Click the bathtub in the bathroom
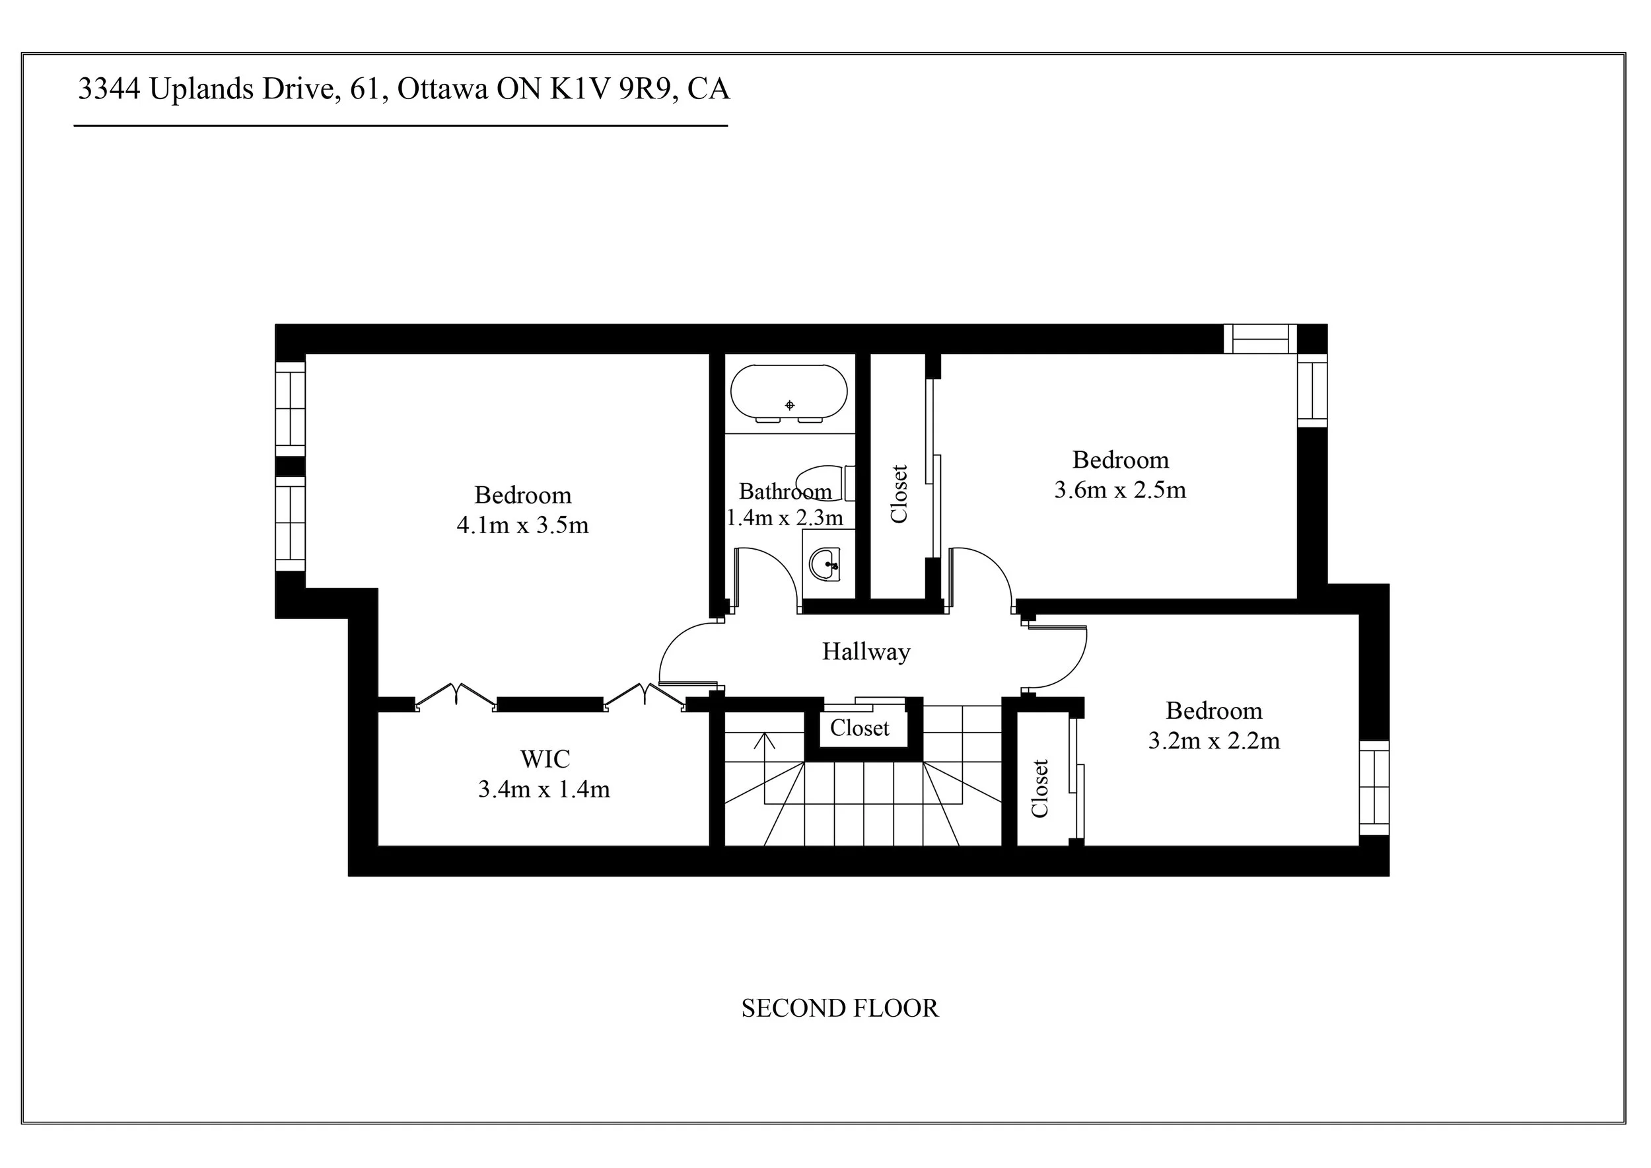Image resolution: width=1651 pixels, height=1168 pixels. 789,392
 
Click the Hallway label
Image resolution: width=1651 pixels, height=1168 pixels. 866,651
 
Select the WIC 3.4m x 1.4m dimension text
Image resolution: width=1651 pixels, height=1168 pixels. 544,789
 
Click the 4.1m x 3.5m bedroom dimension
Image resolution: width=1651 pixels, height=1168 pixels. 522,525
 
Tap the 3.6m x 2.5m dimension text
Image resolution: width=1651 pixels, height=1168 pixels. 1119,490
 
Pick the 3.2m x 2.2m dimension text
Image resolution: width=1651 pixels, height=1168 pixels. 1213,741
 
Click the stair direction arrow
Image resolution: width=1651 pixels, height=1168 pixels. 764,741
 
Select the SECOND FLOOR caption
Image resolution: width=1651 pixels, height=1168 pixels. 839,1008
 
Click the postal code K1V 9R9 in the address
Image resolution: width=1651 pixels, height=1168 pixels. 613,89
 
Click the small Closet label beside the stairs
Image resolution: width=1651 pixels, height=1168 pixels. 859,728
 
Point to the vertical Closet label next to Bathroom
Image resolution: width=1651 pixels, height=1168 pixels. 899,493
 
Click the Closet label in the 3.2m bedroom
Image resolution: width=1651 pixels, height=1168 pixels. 1039,788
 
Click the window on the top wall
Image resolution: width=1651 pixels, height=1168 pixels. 1260,339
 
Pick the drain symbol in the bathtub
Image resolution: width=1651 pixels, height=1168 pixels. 790,406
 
